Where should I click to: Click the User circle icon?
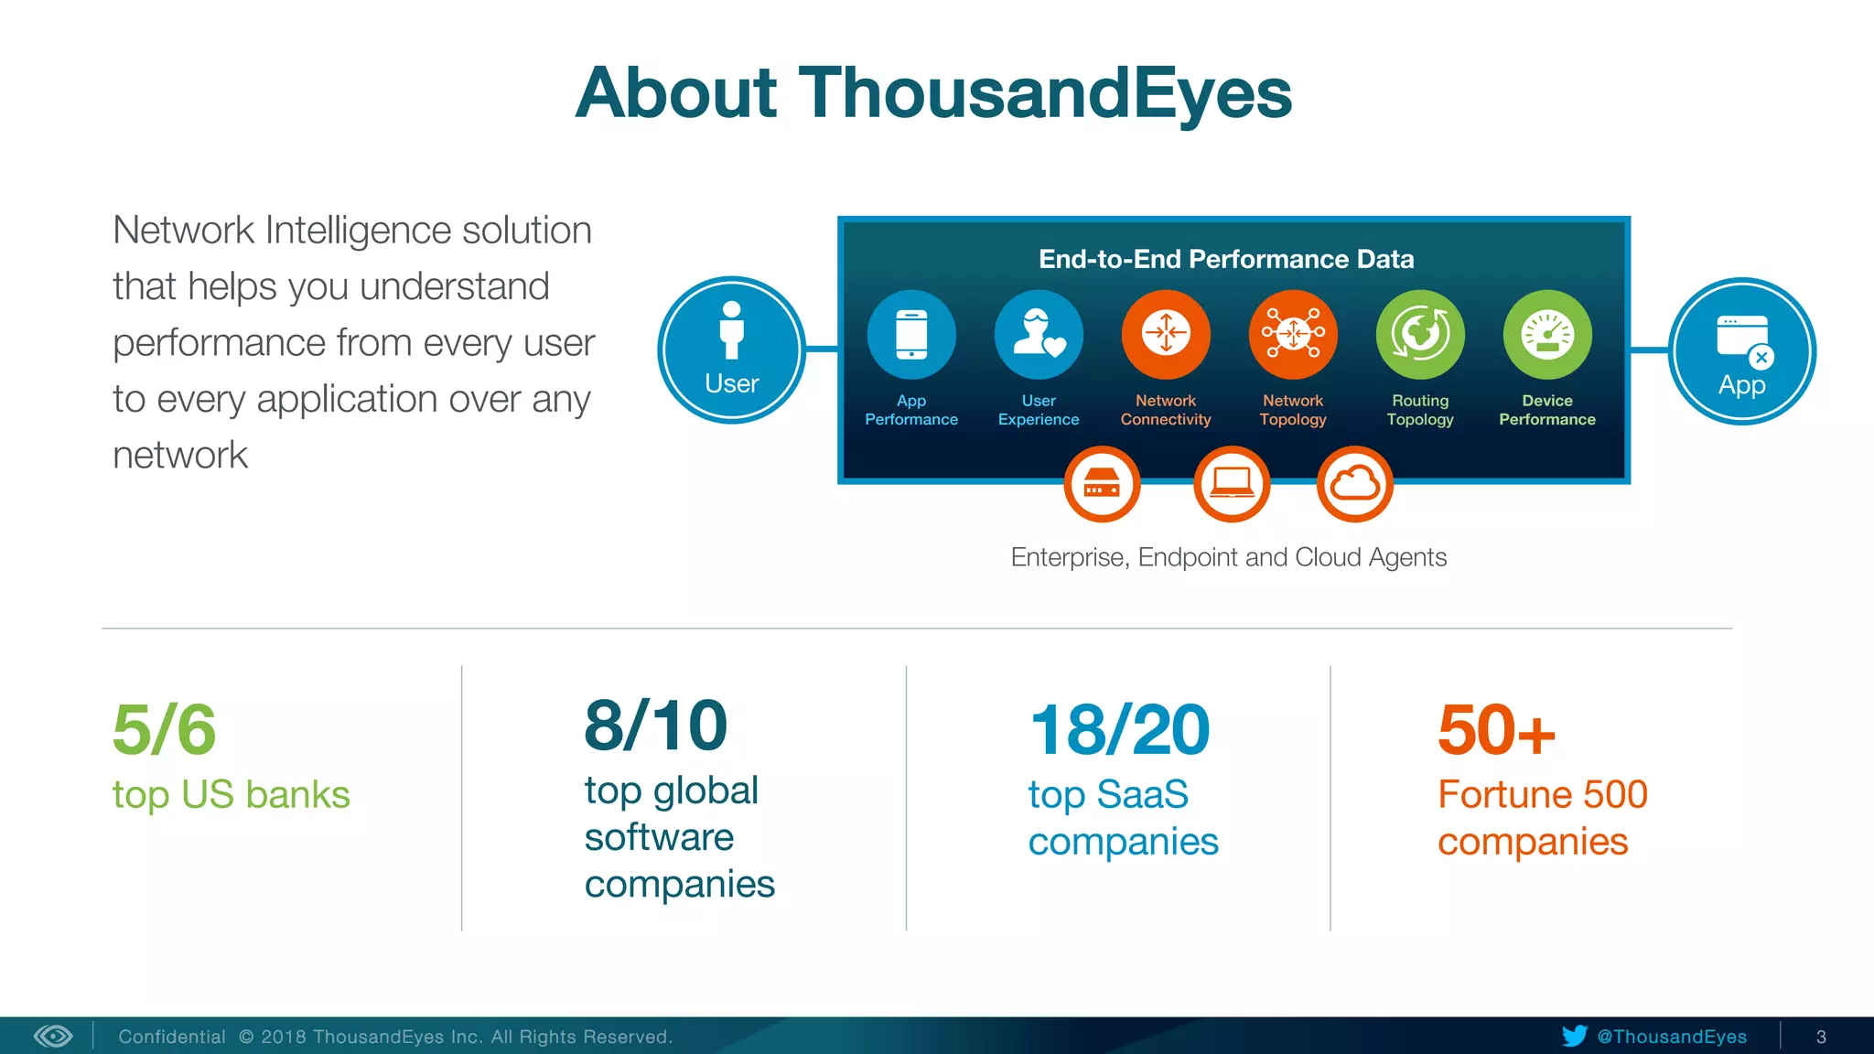[731, 350]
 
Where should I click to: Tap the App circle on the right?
[1741, 351]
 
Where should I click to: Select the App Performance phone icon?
[911, 335]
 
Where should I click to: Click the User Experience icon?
[1039, 335]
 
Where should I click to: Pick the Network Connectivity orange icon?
[1166, 335]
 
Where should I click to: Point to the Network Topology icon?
[1293, 335]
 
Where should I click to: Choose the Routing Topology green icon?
[1420, 335]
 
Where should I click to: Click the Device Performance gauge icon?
[1547, 335]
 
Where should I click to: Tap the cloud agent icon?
[1354, 484]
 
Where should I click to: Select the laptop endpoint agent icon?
[1232, 484]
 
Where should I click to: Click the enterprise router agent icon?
[1102, 484]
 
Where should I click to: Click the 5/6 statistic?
[165, 730]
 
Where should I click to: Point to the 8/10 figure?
[655, 726]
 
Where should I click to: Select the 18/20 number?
[1119, 730]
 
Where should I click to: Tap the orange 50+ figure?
[1496, 730]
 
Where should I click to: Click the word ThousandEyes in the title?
[1045, 93]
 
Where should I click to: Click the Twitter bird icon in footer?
[1574, 1036]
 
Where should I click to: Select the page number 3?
[1821, 1037]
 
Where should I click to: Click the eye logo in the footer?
[53, 1036]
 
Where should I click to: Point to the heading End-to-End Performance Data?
[1226, 259]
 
